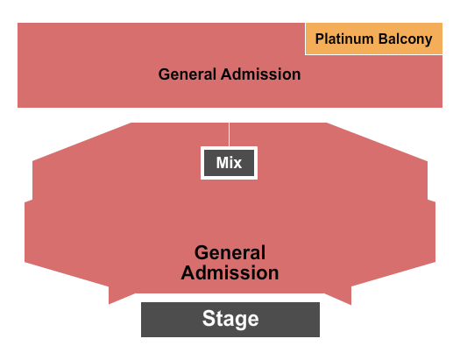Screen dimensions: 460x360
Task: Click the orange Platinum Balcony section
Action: pyautogui.click(x=374, y=39)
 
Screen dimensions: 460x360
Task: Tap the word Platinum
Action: pyautogui.click(x=344, y=39)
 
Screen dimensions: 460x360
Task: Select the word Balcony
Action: pyautogui.click(x=405, y=39)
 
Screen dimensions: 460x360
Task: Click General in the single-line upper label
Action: pyautogui.click(x=188, y=74)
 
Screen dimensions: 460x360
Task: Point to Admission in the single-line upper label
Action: pyautogui.click(x=261, y=74)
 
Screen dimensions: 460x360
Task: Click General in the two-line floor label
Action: pyautogui.click(x=230, y=252)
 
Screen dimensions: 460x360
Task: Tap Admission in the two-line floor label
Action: pyautogui.click(x=230, y=272)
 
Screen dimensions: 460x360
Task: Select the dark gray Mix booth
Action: pyautogui.click(x=229, y=163)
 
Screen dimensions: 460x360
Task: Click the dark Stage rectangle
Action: pyautogui.click(x=230, y=320)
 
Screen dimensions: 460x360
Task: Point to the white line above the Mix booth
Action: pyautogui.click(x=229, y=134)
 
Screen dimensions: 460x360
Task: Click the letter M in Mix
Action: pyautogui.click(x=222, y=163)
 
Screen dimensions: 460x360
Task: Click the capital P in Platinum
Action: pyautogui.click(x=320, y=39)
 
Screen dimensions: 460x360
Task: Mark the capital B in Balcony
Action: pyautogui.click(x=383, y=39)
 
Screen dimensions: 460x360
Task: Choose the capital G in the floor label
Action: pyautogui.click(x=202, y=252)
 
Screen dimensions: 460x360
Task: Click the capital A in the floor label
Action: pyautogui.click(x=188, y=272)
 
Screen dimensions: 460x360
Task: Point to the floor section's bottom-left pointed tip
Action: pyautogui.click(x=110, y=304)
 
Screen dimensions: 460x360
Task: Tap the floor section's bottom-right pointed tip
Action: pyautogui.click(x=350, y=305)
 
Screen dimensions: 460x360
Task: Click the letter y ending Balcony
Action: pyautogui.click(x=428, y=41)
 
